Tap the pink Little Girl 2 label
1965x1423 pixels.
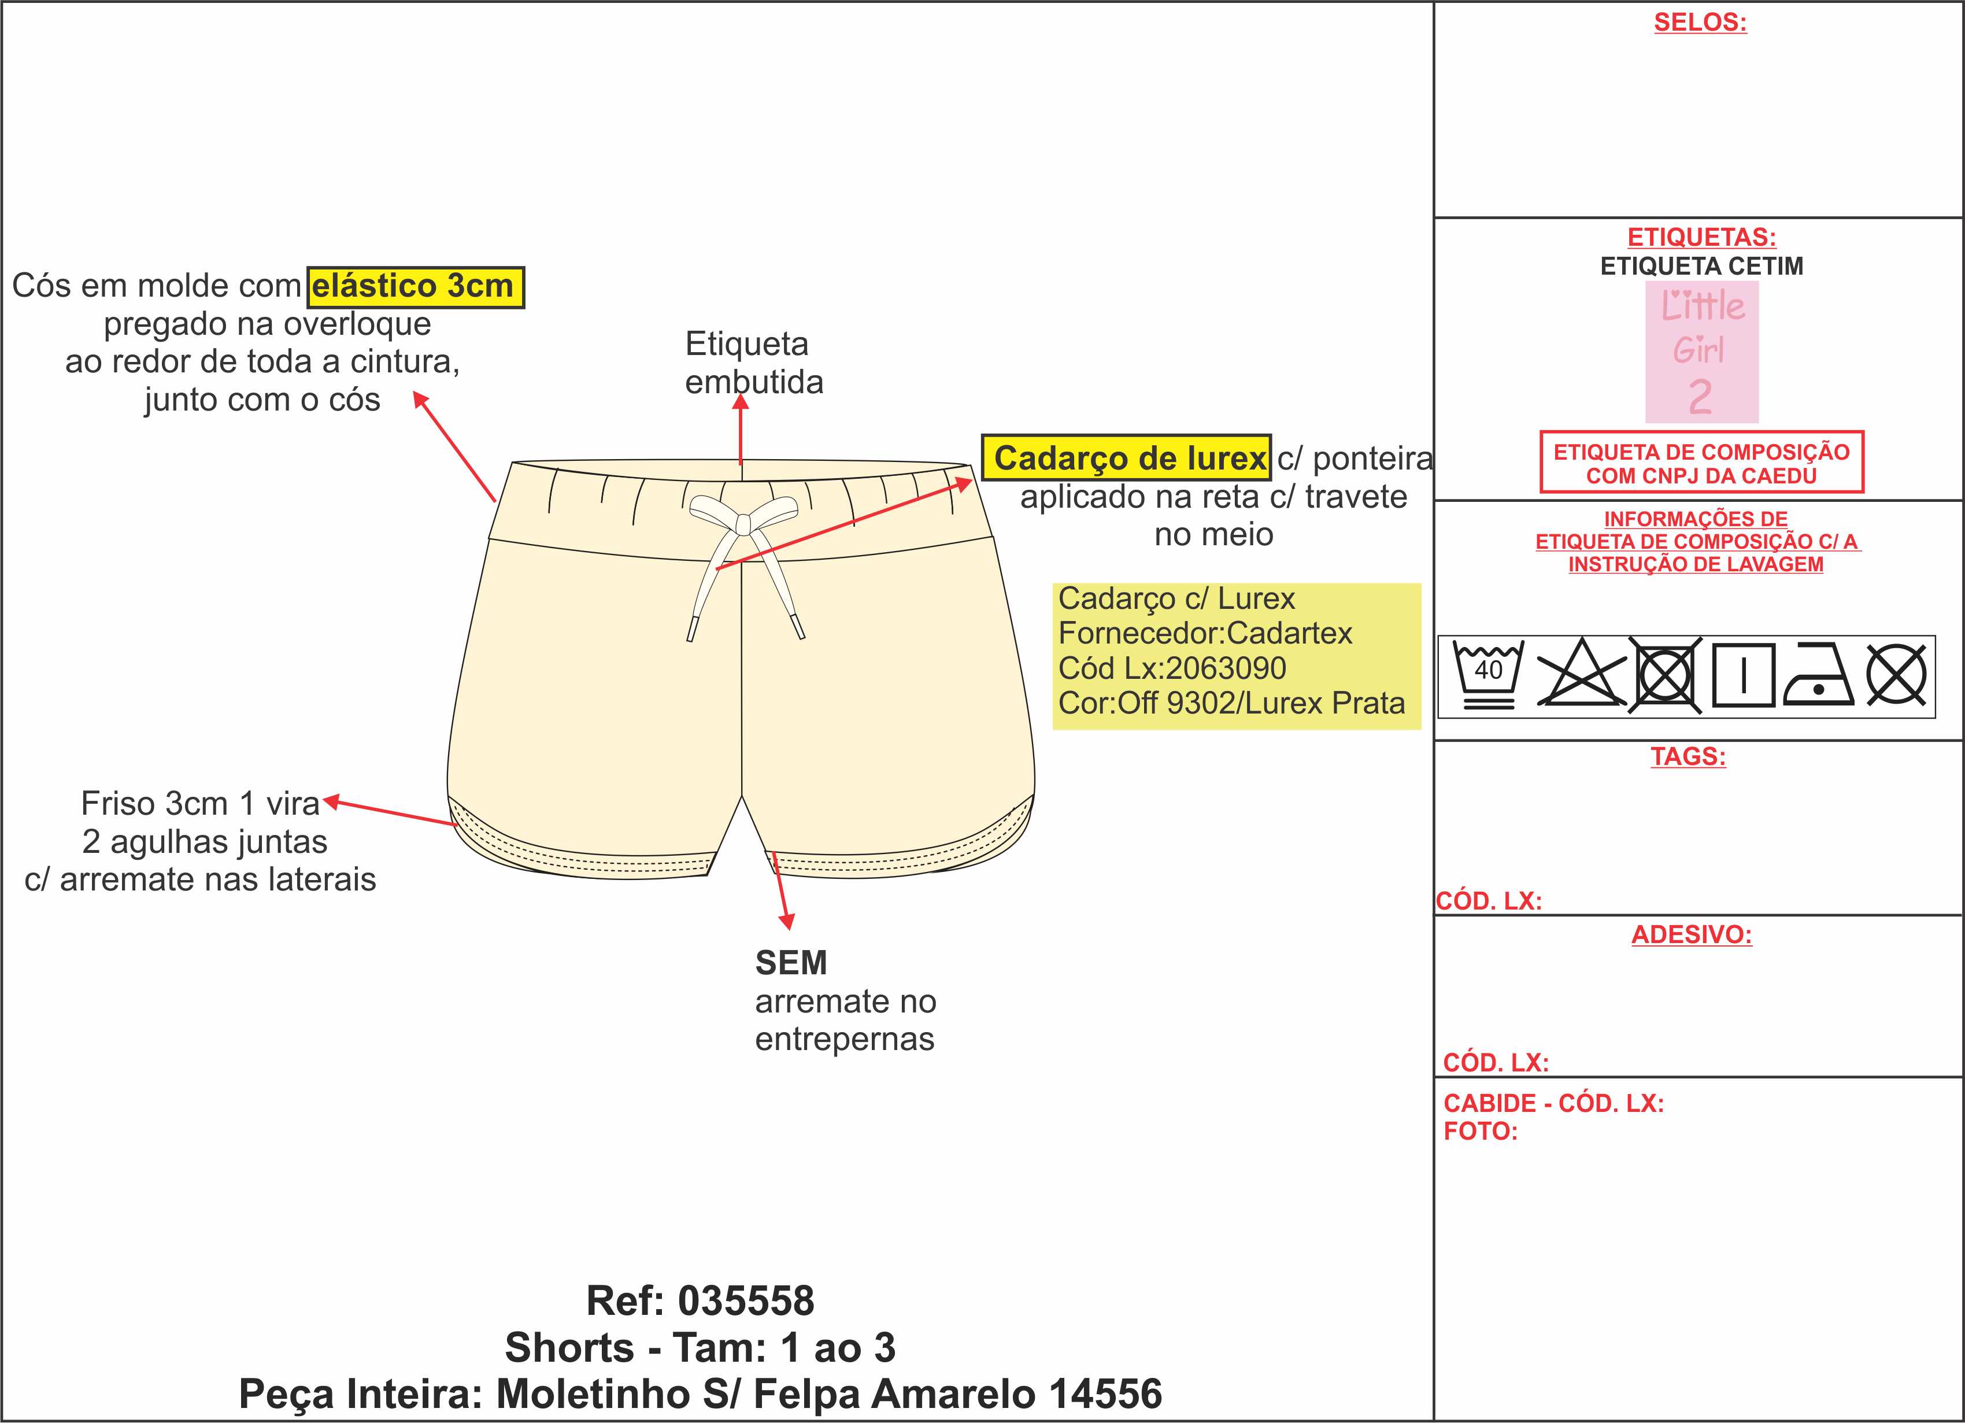tap(1701, 352)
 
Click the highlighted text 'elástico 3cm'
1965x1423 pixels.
tap(416, 287)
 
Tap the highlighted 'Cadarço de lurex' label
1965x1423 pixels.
tap(1126, 457)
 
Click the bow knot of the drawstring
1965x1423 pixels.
tap(742, 523)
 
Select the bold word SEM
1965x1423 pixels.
tap(791, 963)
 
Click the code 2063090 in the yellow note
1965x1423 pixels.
tap(1226, 668)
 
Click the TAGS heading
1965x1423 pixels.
tap(1688, 756)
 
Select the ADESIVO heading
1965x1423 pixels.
tap(1691, 934)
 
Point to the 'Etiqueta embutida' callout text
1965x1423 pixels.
tap(754, 363)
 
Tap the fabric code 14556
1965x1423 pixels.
tap(1105, 1394)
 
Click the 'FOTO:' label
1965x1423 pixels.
tap(1481, 1131)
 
